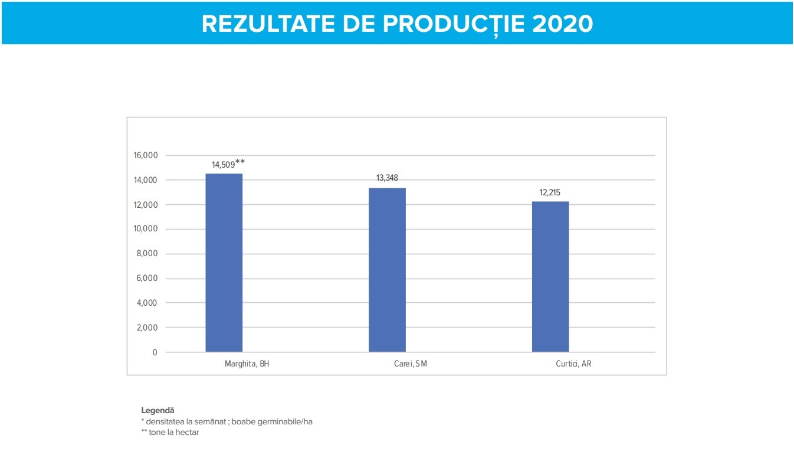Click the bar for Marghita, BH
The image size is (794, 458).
(224, 263)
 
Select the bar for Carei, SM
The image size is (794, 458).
(387, 270)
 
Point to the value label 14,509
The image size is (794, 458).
(223, 165)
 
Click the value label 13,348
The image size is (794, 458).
(387, 178)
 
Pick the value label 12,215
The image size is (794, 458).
(550, 192)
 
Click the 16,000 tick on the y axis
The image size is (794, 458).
(146, 156)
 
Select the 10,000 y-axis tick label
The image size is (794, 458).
(146, 229)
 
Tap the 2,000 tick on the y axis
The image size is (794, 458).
(147, 328)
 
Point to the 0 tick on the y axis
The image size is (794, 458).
(155, 352)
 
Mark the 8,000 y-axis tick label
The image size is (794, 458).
(147, 254)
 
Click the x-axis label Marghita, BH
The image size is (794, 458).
(247, 364)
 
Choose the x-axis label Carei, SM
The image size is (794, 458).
(410, 364)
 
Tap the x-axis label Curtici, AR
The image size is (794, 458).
(573, 364)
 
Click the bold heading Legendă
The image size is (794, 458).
(158, 410)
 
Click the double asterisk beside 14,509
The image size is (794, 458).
(240, 162)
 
